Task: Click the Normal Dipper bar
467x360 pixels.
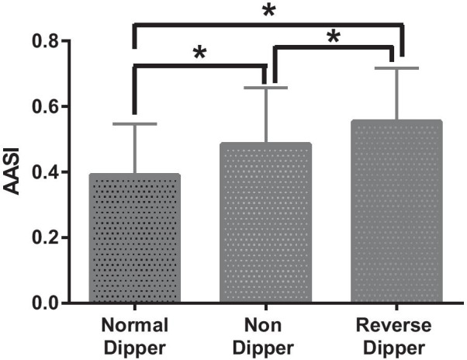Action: pyautogui.click(x=135, y=238)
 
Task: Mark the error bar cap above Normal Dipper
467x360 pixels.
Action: pyautogui.click(x=135, y=124)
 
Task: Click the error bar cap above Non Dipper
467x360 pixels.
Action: pyautogui.click(x=268, y=88)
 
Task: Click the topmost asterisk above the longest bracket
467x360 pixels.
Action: pyautogui.click(x=268, y=11)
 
